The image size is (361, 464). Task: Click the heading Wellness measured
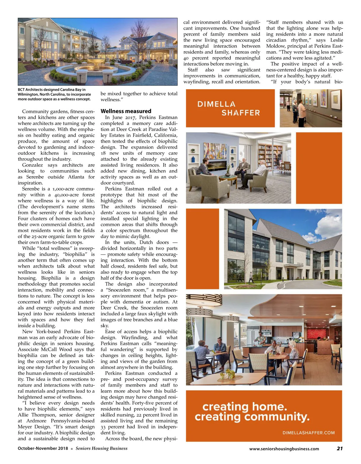pos(126,111)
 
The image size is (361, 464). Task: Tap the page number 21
pos(340,448)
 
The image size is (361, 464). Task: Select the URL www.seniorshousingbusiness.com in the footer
pos(284,449)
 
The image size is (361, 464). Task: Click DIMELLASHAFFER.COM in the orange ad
pos(308,433)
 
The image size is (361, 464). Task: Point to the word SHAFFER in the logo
pos(241,113)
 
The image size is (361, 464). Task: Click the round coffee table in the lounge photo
pos(228,178)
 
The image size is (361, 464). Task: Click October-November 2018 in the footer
pos(43,448)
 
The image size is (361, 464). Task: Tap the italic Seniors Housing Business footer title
pos(101,448)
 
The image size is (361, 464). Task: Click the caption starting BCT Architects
pos(54,94)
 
